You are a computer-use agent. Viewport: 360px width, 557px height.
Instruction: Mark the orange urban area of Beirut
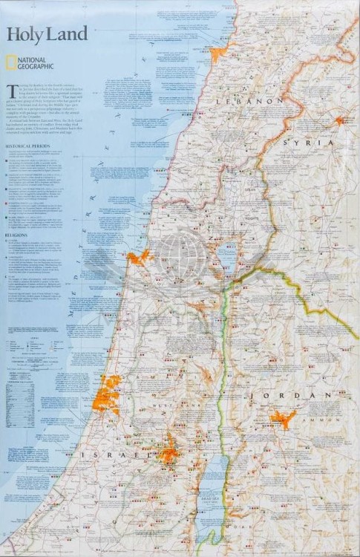click(x=218, y=55)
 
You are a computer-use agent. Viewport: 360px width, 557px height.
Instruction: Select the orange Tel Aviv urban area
click(x=108, y=391)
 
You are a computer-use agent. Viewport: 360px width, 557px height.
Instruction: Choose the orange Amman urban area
click(x=284, y=419)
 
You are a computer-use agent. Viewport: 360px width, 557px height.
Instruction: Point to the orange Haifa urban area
click(x=137, y=258)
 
